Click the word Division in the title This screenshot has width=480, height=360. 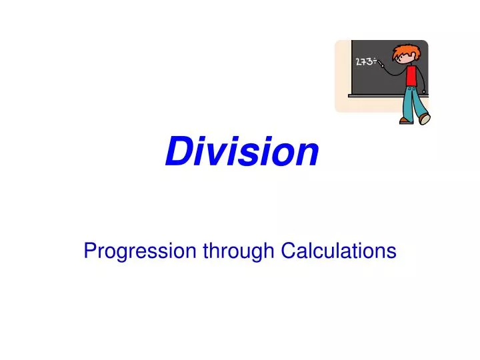(242, 151)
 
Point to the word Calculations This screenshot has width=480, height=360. (338, 251)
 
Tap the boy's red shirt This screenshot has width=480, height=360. (411, 75)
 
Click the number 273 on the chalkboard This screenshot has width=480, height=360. (364, 62)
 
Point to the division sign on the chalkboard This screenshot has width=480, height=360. (375, 61)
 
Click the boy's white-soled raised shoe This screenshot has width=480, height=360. (424, 119)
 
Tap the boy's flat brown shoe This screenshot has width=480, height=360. (406, 121)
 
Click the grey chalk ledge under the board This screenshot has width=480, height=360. (373, 95)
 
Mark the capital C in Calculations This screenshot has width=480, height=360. (287, 251)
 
